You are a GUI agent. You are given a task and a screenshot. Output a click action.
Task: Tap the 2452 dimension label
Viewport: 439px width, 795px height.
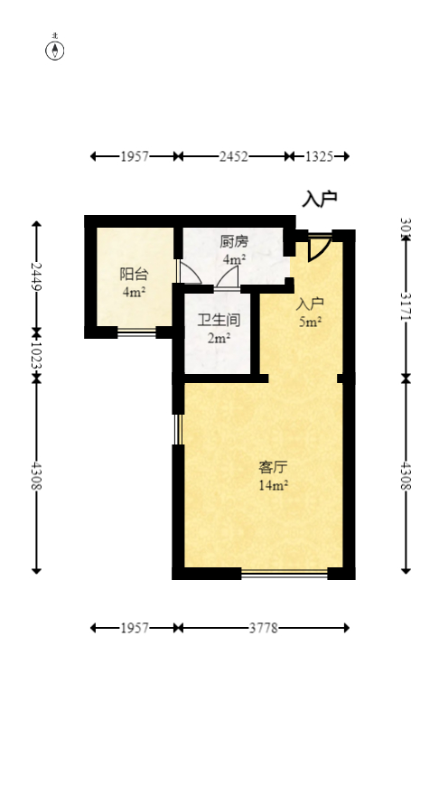pyautogui.click(x=233, y=156)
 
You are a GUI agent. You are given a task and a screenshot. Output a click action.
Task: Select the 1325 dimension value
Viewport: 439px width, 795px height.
pyautogui.click(x=319, y=156)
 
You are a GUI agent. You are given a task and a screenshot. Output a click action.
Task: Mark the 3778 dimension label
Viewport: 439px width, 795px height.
pyautogui.click(x=263, y=627)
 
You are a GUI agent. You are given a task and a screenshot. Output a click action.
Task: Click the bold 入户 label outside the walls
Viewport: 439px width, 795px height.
pyautogui.click(x=320, y=200)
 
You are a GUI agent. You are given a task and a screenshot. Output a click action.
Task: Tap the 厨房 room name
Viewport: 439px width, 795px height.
pyautogui.click(x=234, y=242)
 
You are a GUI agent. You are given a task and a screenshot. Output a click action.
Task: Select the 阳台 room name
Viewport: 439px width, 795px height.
pyautogui.click(x=134, y=275)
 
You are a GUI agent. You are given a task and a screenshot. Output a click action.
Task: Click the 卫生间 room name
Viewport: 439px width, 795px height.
pyautogui.click(x=219, y=320)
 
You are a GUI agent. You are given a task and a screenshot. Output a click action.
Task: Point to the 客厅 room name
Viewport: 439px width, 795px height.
pyautogui.click(x=273, y=467)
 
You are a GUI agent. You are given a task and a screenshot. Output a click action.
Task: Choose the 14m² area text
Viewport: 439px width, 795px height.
pyautogui.click(x=273, y=485)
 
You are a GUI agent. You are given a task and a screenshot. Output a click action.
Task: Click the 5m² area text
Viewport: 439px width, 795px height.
pyautogui.click(x=311, y=321)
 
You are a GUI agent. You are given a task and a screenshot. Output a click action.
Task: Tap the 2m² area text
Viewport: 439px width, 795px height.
pyautogui.click(x=219, y=338)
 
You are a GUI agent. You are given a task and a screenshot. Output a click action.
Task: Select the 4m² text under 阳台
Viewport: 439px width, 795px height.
pyautogui.click(x=134, y=292)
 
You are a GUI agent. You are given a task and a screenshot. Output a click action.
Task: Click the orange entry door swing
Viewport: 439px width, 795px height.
pyautogui.click(x=319, y=248)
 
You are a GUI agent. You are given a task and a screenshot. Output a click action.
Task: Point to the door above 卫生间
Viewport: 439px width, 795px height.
pyautogui.click(x=227, y=278)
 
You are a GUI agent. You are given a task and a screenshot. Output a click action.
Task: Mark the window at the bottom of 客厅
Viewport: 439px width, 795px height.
pyautogui.click(x=284, y=573)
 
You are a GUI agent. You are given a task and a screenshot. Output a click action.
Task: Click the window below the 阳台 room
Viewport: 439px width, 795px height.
pyautogui.click(x=136, y=332)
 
